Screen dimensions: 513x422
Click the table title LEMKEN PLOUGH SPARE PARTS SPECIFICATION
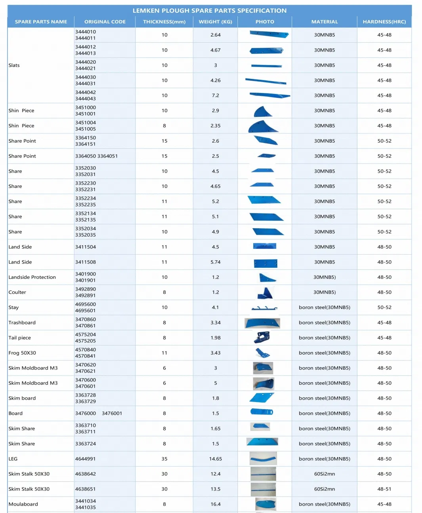(209, 11)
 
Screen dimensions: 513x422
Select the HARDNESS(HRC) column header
(384, 22)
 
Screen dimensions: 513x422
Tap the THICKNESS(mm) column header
(164, 22)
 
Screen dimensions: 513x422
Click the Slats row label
(14, 65)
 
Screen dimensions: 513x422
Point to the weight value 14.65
(215, 459)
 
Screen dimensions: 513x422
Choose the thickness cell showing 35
(164, 459)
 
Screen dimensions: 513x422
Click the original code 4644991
(86, 459)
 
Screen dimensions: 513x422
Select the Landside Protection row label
(32, 277)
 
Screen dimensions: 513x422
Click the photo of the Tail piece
(262, 338)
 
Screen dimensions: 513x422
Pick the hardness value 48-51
(384, 489)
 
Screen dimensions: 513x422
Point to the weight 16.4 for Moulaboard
(215, 504)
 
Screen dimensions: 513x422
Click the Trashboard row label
(22, 323)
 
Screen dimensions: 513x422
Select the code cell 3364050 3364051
(96, 156)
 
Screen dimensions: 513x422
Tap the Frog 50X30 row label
(22, 353)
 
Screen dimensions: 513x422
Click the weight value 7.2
(215, 95)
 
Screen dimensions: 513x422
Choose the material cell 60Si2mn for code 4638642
(324, 474)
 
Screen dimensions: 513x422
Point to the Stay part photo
(264, 308)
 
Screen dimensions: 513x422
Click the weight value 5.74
(215, 262)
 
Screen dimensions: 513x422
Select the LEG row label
(13, 459)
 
